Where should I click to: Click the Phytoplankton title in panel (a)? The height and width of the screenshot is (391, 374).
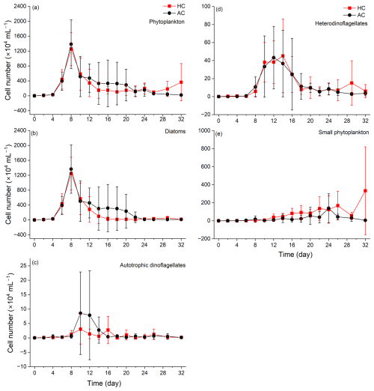[167, 22]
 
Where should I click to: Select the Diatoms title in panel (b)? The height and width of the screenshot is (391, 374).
[175, 131]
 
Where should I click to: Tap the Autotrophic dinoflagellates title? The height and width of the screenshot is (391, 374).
[153, 265]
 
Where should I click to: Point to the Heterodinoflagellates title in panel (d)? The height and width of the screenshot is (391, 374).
[341, 23]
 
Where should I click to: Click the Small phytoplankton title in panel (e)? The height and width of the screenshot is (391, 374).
[343, 133]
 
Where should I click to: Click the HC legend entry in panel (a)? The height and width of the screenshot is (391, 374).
[174, 6]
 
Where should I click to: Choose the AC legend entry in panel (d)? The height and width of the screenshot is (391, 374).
[355, 15]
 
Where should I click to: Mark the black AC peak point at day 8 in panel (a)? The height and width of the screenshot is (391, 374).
[71, 44]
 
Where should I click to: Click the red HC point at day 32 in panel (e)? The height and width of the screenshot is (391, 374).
[365, 191]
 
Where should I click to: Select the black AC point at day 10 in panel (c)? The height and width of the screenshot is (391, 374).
[80, 313]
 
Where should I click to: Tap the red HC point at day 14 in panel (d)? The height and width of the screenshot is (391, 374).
[283, 56]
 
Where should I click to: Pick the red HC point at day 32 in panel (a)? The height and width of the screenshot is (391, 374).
[181, 82]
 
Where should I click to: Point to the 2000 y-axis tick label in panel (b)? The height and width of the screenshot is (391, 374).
[20, 145]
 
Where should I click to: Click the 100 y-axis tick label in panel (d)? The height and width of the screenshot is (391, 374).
[206, 6]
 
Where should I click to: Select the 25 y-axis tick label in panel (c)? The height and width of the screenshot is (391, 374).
[23, 266]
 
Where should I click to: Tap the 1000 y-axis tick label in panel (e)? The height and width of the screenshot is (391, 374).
[205, 130]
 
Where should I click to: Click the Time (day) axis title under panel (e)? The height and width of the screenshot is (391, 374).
[295, 255]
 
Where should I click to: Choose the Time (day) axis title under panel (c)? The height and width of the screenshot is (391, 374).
[104, 384]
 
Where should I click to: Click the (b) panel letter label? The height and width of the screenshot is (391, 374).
[34, 133]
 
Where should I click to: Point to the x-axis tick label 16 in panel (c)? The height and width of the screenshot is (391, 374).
[108, 372]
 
